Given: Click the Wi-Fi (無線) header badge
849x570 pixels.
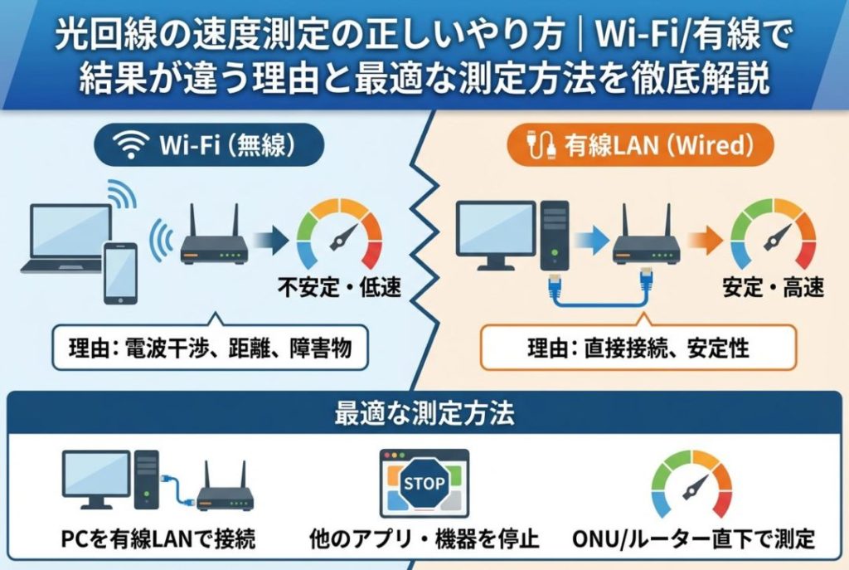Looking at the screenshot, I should click(x=207, y=148).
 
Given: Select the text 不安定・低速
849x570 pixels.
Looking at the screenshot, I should click(x=339, y=289).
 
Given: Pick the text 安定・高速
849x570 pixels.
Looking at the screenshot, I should click(x=774, y=289).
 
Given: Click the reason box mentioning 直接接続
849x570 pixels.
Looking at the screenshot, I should click(x=638, y=348).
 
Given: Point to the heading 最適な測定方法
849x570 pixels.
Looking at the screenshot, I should click(x=424, y=414).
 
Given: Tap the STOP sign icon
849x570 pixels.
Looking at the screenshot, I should click(x=424, y=484).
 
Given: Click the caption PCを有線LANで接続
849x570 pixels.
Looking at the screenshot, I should click(x=158, y=540).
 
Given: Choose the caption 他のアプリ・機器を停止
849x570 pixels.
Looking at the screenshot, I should click(x=424, y=540).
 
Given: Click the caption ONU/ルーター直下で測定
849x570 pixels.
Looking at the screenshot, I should click(x=693, y=540).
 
